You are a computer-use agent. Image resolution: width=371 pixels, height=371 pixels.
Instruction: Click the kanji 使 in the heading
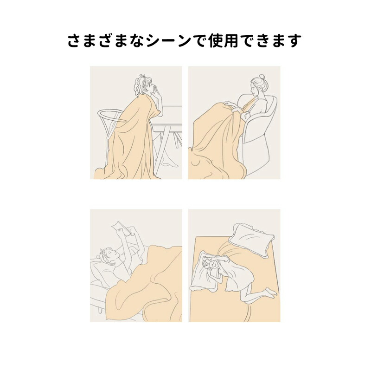(x=215, y=40)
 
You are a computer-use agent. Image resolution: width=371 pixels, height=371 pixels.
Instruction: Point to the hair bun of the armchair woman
(x=262, y=78)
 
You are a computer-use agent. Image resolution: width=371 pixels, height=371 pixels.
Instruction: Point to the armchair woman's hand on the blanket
(x=229, y=104)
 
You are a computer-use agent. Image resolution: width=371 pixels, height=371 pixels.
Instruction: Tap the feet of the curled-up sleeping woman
(x=270, y=292)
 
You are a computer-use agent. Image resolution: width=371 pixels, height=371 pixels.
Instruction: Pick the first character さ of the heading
(x=75, y=41)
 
